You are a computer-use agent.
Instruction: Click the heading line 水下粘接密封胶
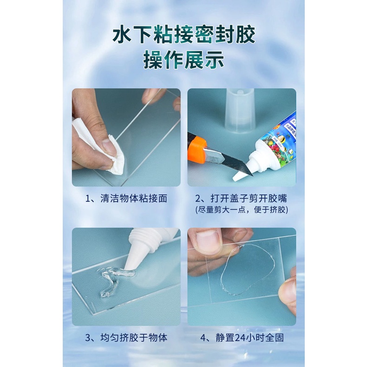click(x=184, y=35)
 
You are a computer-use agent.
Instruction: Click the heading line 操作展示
click(x=184, y=60)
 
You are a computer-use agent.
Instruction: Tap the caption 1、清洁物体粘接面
click(x=126, y=198)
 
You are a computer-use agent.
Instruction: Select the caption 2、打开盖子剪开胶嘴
click(x=241, y=198)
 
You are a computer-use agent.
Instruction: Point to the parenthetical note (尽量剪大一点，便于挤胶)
click(x=242, y=210)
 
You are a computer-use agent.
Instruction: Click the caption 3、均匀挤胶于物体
click(x=126, y=338)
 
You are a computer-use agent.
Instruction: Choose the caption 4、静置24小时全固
click(x=242, y=338)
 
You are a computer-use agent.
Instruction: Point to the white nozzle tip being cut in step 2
click(x=239, y=176)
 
